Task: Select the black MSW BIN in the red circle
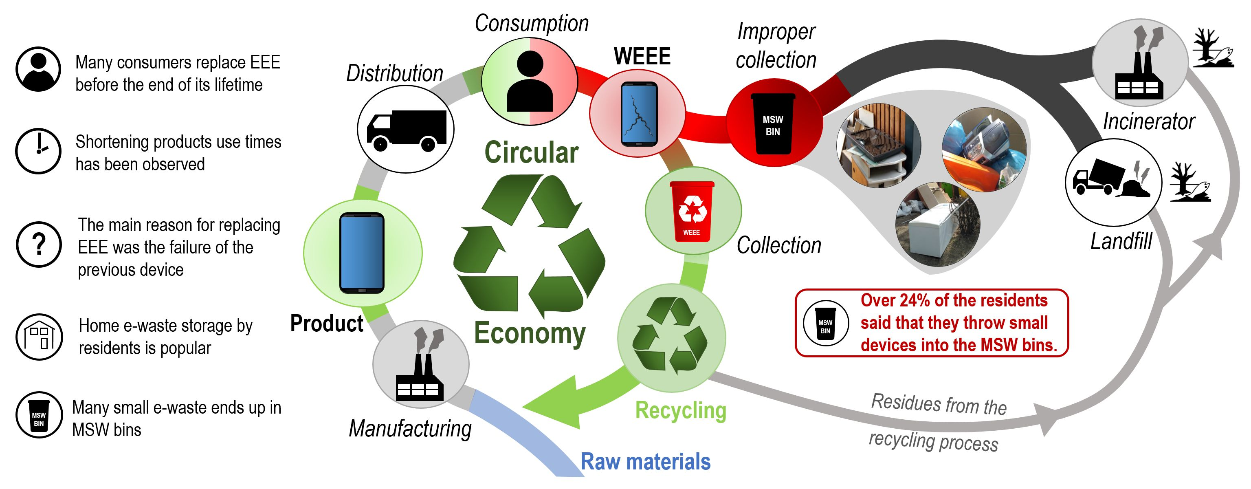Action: [773, 124]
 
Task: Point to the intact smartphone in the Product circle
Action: [362, 253]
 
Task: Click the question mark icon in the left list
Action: [39, 244]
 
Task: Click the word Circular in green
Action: [531, 152]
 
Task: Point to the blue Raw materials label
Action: [645, 461]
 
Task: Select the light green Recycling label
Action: [680, 411]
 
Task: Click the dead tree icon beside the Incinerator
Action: [1213, 48]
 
